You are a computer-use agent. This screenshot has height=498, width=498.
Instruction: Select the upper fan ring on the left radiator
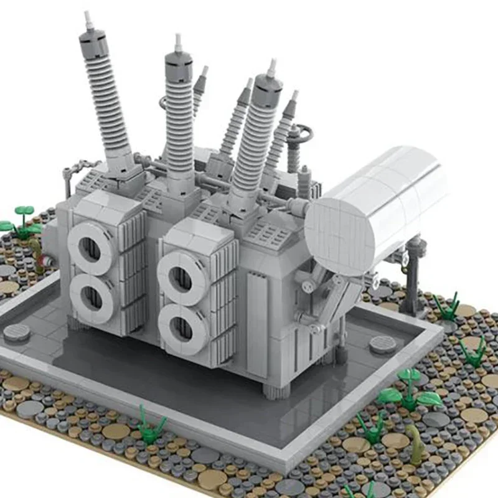coord(91,248)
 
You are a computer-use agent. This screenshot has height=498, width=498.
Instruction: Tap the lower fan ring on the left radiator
coord(92,298)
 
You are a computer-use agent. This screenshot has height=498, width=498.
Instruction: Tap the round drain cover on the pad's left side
coord(17,332)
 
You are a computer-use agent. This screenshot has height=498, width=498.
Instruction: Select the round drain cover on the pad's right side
coord(382,344)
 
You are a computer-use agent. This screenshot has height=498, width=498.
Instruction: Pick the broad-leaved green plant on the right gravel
coord(410,389)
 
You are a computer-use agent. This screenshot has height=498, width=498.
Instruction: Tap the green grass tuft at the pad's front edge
coord(151,425)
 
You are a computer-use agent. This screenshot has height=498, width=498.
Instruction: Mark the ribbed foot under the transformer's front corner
coord(276,390)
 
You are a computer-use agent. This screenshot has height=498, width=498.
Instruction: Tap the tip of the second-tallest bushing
coord(178,40)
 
